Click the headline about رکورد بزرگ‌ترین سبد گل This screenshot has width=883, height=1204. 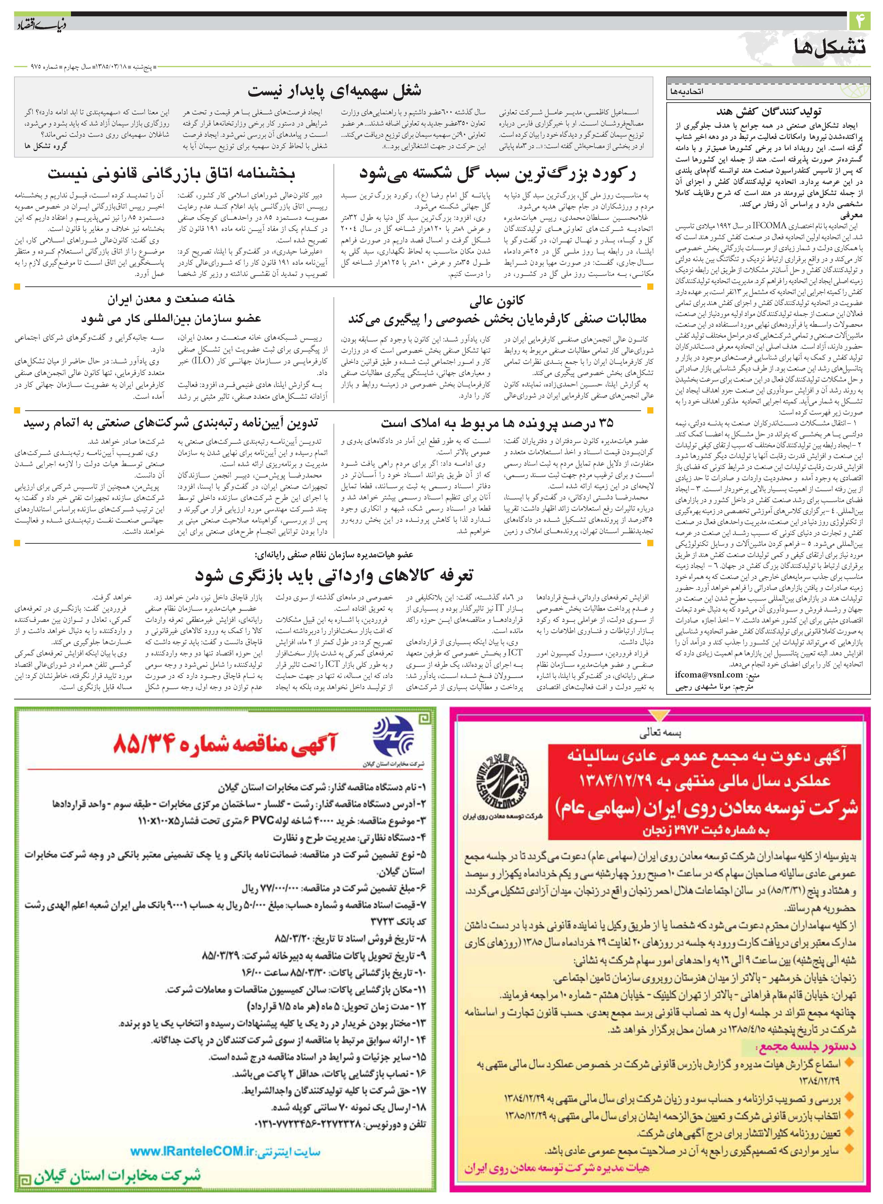pyautogui.click(x=497, y=174)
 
